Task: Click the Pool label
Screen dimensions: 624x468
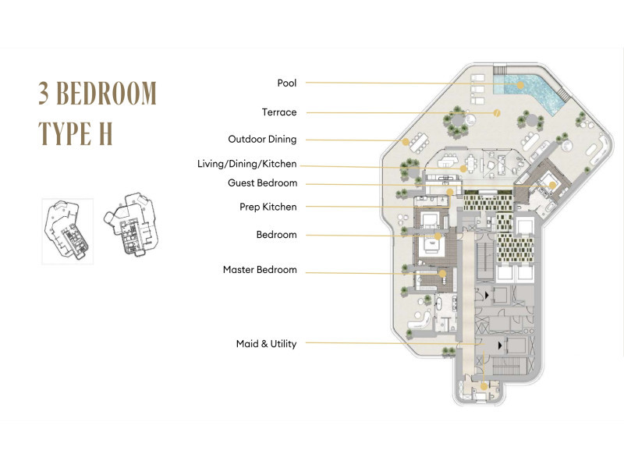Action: pyautogui.click(x=287, y=83)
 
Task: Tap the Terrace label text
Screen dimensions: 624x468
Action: pyautogui.click(x=279, y=112)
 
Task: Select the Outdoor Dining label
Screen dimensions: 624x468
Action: pyautogui.click(x=262, y=140)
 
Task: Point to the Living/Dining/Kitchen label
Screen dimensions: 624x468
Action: pyautogui.click(x=247, y=164)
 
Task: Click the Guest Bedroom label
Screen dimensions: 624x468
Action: pyautogui.click(x=262, y=183)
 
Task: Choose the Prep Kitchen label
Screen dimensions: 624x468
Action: pyautogui.click(x=268, y=207)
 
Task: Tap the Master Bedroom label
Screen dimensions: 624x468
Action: pyautogui.click(x=260, y=270)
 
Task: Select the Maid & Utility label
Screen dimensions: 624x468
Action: pyautogui.click(x=266, y=344)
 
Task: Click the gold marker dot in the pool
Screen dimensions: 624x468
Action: pyautogui.click(x=520, y=85)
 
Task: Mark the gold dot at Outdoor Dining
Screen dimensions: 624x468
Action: pyautogui.click(x=405, y=142)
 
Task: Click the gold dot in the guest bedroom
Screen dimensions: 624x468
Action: pyautogui.click(x=552, y=185)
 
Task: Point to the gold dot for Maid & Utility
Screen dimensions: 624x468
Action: pyautogui.click(x=484, y=386)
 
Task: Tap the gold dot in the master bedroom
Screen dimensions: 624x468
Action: pyautogui.click(x=442, y=274)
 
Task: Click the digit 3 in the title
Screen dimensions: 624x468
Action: pyautogui.click(x=44, y=93)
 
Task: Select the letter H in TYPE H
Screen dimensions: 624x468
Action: pyautogui.click(x=105, y=133)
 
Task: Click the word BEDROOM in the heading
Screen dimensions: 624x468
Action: pyautogui.click(x=106, y=93)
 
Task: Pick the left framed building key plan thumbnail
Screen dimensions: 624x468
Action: pyautogui.click(x=67, y=231)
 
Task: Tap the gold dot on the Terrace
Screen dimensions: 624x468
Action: pyautogui.click(x=497, y=113)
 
